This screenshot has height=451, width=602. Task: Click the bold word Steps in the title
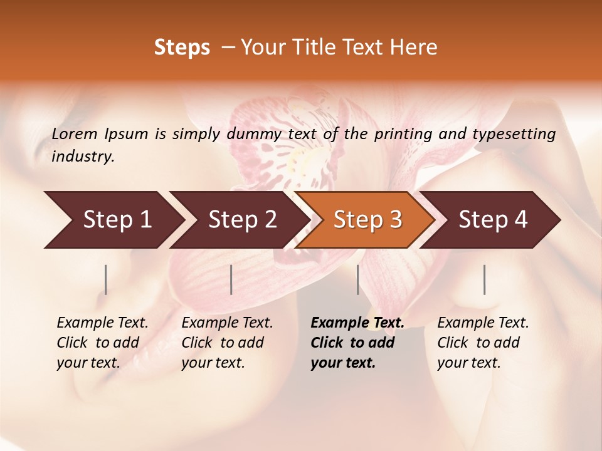182,48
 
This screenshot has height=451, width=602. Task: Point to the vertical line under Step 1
106,279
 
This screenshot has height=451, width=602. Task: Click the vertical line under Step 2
231,279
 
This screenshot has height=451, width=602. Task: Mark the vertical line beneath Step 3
358,279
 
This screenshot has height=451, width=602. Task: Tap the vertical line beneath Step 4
485,279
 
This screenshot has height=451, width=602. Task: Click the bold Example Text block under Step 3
357,343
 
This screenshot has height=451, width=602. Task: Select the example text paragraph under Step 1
102,343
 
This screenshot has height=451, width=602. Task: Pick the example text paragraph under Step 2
227,343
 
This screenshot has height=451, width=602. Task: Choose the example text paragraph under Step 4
483,343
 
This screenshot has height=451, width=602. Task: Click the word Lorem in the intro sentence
75,133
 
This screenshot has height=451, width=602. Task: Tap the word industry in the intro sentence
82,157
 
